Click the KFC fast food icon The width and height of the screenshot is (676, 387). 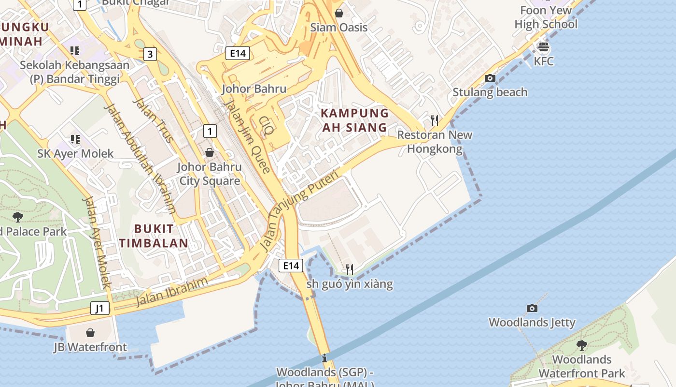[x=544, y=47]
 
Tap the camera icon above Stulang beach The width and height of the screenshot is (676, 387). [x=490, y=78]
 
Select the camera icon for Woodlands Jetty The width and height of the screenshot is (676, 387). [x=532, y=308]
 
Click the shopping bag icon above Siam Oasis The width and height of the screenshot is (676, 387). [x=339, y=13]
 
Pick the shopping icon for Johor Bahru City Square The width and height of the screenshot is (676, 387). [x=209, y=152]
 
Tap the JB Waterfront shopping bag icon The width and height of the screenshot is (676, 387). [x=90, y=333]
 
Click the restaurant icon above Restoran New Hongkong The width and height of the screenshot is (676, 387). [x=435, y=120]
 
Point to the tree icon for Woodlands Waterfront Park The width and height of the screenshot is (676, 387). [x=582, y=345]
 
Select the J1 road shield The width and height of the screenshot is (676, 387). [x=100, y=308]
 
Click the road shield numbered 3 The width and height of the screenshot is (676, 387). [x=150, y=54]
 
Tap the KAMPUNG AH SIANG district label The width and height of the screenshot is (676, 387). [x=355, y=120]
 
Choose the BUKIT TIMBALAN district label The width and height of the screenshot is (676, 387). [x=154, y=236]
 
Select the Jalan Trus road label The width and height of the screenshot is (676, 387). [x=153, y=121]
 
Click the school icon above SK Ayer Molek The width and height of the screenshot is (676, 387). [x=75, y=139]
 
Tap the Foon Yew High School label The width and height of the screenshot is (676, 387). [x=546, y=17]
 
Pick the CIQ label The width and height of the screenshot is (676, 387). [x=266, y=125]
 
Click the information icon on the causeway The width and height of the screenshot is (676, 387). [x=324, y=358]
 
